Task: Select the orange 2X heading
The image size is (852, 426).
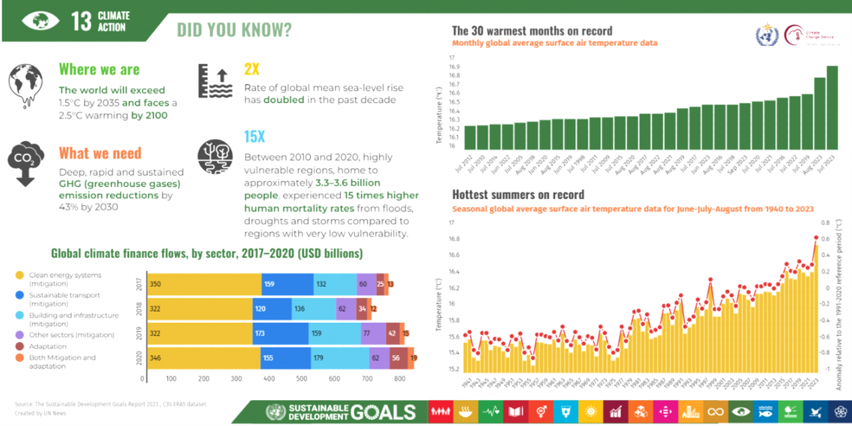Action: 252,69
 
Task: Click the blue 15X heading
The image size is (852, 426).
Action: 254,137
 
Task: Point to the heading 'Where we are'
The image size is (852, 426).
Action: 99,69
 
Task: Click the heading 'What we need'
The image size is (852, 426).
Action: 100,153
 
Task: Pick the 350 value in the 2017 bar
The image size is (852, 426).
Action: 156,284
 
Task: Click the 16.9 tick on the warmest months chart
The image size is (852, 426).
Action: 455,67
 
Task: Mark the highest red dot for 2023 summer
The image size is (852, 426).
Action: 816,238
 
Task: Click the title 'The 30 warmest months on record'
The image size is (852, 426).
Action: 532,31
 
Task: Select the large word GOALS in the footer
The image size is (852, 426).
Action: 383,412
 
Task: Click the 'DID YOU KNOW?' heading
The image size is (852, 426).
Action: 234,30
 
